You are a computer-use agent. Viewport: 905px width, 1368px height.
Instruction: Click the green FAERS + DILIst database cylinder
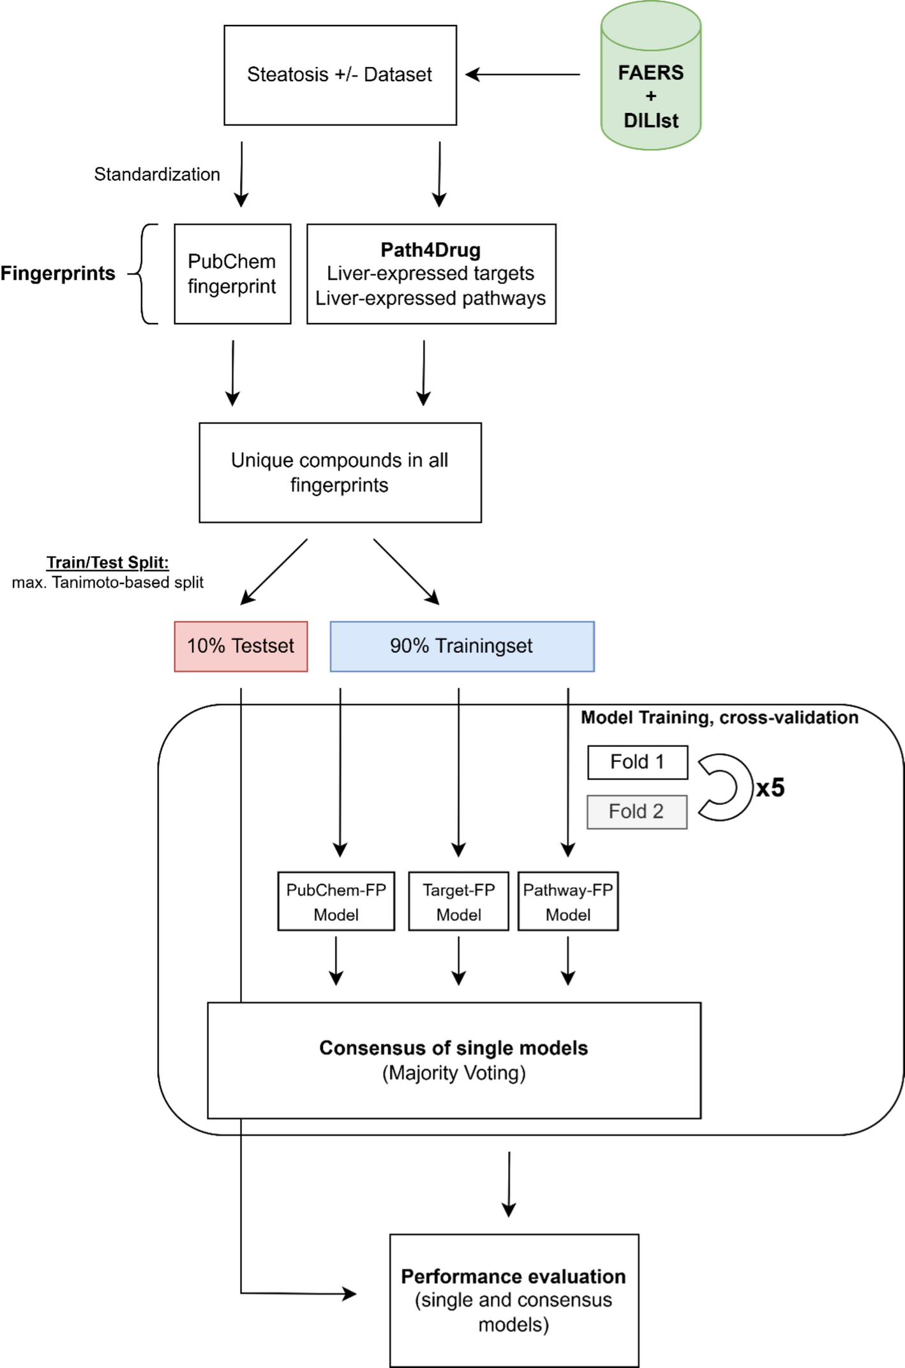coord(651,75)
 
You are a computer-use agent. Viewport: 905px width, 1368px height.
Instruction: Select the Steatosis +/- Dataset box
coord(340,75)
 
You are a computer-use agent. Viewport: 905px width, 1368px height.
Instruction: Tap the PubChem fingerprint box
coord(232,274)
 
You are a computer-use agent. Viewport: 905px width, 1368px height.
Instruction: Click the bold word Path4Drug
coord(431,250)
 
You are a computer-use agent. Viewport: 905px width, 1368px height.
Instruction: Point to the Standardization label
coord(157,174)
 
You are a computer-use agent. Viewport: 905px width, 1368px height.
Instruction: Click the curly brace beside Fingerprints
coord(144,274)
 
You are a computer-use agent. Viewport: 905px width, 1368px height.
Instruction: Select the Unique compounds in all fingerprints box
coord(340,472)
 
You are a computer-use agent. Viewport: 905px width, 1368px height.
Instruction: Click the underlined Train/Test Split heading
coord(108,562)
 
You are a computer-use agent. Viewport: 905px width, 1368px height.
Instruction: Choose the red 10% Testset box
coord(241,646)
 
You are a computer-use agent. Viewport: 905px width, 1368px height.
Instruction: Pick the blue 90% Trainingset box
coord(462,646)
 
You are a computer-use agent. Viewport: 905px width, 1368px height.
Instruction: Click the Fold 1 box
coord(638,762)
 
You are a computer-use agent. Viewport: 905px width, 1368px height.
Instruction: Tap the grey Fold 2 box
coord(637,812)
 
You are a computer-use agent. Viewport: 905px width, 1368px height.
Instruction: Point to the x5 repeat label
coord(770,788)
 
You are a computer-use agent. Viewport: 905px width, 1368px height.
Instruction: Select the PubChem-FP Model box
coord(336,901)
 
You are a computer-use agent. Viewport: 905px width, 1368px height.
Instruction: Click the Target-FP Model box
coord(459,901)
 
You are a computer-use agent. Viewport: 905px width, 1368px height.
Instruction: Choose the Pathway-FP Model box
coord(568,901)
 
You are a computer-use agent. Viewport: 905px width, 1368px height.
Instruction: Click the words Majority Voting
coord(454,1073)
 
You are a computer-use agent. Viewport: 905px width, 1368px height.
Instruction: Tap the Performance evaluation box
coord(514,1300)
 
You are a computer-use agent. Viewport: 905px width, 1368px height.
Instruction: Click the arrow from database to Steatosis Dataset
coord(523,75)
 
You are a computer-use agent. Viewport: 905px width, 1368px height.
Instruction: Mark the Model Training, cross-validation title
coord(719,718)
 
